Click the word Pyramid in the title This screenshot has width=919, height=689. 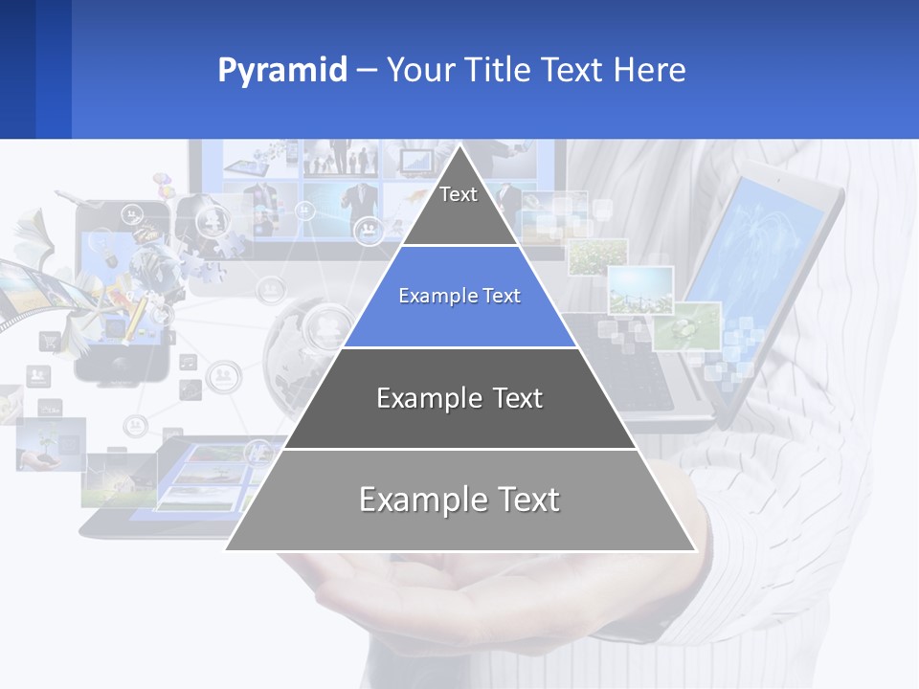[281, 71]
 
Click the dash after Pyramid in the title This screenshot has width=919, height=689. [366, 71]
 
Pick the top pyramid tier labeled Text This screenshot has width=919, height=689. [459, 206]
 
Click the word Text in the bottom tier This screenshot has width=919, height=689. [523, 500]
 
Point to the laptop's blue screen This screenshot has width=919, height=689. [756, 258]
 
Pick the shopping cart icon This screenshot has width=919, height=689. [49, 340]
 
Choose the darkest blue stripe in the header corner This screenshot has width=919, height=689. [17, 69]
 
